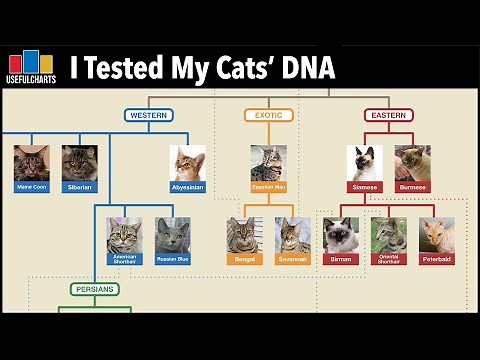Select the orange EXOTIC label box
pos(269,115)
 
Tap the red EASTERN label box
pos(388,115)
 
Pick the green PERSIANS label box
pos(96,289)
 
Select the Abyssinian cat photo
pos(188,163)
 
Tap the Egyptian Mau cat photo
pos(269,162)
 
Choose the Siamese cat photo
pos(364,162)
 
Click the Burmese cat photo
pos(412,162)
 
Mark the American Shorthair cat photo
pos(125,234)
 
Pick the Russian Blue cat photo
pos(173,234)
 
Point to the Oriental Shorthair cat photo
pos(388,234)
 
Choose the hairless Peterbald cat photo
pos(436,234)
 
